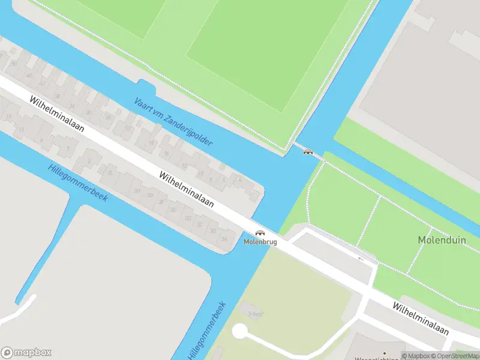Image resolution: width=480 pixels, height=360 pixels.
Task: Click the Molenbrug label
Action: tap(260, 242)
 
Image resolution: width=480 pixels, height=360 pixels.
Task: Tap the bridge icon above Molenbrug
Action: tap(260, 233)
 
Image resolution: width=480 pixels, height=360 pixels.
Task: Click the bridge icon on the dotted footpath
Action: tap(308, 151)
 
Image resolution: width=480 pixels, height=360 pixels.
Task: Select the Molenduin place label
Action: tap(442, 240)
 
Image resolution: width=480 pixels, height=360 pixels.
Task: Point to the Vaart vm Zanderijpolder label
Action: tap(173, 122)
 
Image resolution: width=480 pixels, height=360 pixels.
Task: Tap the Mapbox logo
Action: tap(27, 352)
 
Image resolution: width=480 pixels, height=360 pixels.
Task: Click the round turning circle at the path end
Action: tap(239, 331)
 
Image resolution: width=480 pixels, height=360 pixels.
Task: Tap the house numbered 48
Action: tap(29, 75)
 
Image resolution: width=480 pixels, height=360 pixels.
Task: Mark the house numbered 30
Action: tap(88, 112)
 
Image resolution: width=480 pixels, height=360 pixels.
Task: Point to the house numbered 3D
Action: tap(188, 217)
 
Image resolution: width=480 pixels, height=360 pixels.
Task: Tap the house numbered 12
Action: tap(184, 166)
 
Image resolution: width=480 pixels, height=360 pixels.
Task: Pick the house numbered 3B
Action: tap(212, 231)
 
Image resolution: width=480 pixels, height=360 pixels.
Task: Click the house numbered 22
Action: tap(128, 128)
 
